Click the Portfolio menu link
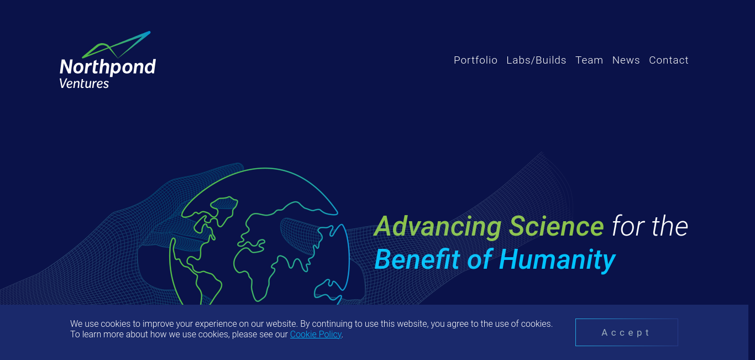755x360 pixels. [x=475, y=60]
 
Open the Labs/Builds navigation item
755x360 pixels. [x=536, y=60]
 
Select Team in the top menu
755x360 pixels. [x=589, y=60]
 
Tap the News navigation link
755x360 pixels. [x=626, y=60]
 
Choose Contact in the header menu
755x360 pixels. [x=669, y=60]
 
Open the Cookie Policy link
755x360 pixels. [x=316, y=335]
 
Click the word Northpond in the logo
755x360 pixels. [x=108, y=67]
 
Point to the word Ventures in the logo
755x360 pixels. [x=84, y=84]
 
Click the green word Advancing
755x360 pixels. [x=438, y=227]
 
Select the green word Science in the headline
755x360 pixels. [x=556, y=226]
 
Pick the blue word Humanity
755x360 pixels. [x=557, y=260]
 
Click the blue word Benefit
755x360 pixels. [x=417, y=259]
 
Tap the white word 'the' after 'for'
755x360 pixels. [x=670, y=226]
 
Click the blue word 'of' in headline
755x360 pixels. [x=480, y=259]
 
